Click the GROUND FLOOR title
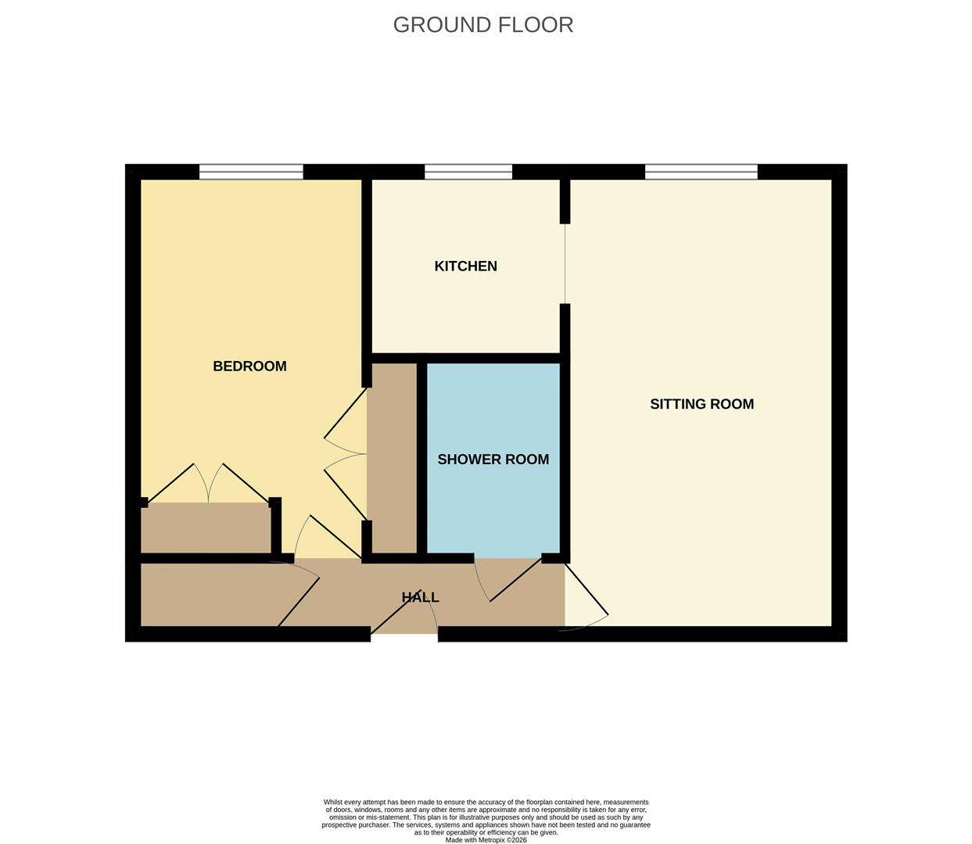tap(482, 25)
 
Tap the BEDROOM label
tap(249, 366)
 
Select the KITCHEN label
tap(465, 266)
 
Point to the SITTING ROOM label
tap(701, 404)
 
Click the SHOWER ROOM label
tap(493, 460)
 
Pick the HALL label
tap(420, 597)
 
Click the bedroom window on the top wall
tap(251, 172)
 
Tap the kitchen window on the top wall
tap(468, 172)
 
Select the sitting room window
tap(701, 172)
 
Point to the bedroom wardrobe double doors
tap(208, 485)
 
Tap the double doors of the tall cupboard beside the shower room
tap(344, 453)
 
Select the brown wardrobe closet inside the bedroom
tap(205, 528)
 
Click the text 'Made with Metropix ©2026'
tap(486, 840)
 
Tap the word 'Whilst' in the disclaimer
tap(334, 803)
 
